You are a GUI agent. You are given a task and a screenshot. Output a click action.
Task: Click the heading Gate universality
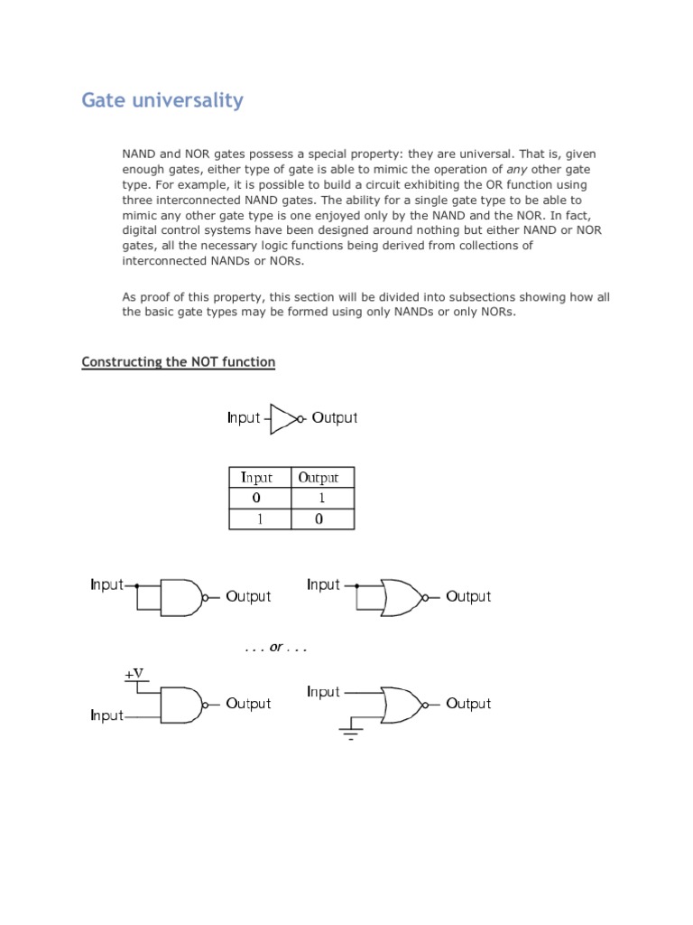(162, 100)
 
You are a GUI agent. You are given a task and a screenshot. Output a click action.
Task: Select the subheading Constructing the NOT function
(178, 362)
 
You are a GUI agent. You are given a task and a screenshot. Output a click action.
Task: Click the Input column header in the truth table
(256, 478)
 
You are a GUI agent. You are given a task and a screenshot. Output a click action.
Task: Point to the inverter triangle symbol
(283, 418)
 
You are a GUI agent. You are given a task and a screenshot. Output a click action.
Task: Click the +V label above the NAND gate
(134, 674)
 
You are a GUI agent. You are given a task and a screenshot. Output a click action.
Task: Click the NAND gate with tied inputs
(180, 596)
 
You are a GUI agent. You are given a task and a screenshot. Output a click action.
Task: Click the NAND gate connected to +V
(180, 704)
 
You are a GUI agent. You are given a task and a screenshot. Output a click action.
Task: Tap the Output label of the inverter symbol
(335, 418)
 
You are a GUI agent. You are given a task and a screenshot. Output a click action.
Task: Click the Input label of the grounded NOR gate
(324, 692)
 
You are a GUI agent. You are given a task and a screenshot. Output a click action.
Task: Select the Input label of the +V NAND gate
(106, 716)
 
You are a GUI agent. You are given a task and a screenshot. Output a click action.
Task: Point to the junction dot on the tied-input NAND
(137, 585)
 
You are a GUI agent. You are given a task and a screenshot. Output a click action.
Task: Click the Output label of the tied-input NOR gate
(468, 597)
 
